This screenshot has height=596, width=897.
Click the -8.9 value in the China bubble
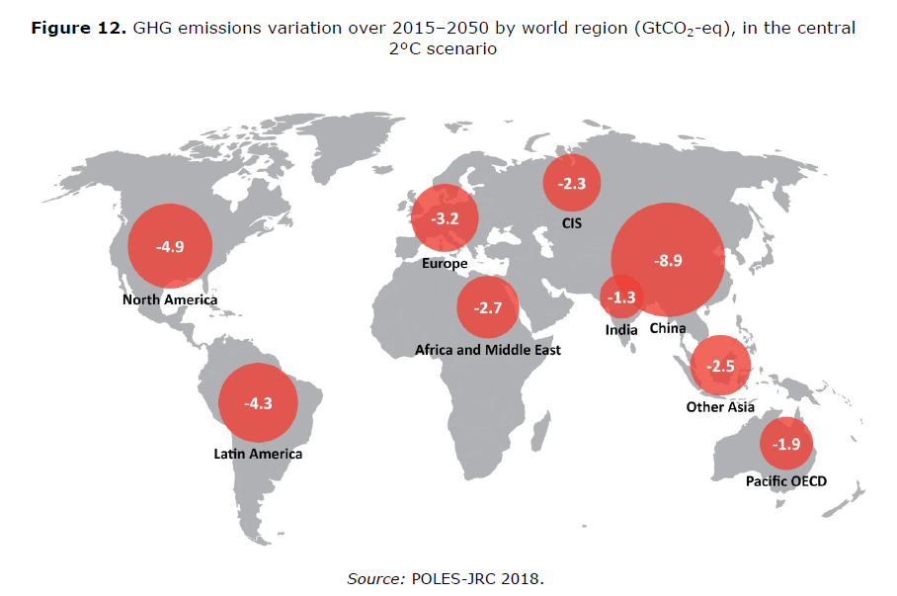669,260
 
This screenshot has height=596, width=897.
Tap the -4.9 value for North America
170,246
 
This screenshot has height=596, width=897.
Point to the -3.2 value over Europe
446,218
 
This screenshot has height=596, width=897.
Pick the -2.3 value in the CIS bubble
572,183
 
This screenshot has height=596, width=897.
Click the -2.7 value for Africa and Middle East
488,307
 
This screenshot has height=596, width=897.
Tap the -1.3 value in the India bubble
623,297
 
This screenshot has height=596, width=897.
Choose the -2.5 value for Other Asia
720,366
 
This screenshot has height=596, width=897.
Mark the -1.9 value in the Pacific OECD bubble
786,444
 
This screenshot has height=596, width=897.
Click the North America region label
170,299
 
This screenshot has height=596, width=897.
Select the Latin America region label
258,455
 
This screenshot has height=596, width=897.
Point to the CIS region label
572,223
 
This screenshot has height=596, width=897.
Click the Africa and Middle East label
488,350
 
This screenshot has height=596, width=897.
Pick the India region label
621,329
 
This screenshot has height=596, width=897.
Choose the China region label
668,329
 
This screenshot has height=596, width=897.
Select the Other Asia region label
720,407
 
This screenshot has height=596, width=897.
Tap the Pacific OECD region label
786,481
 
